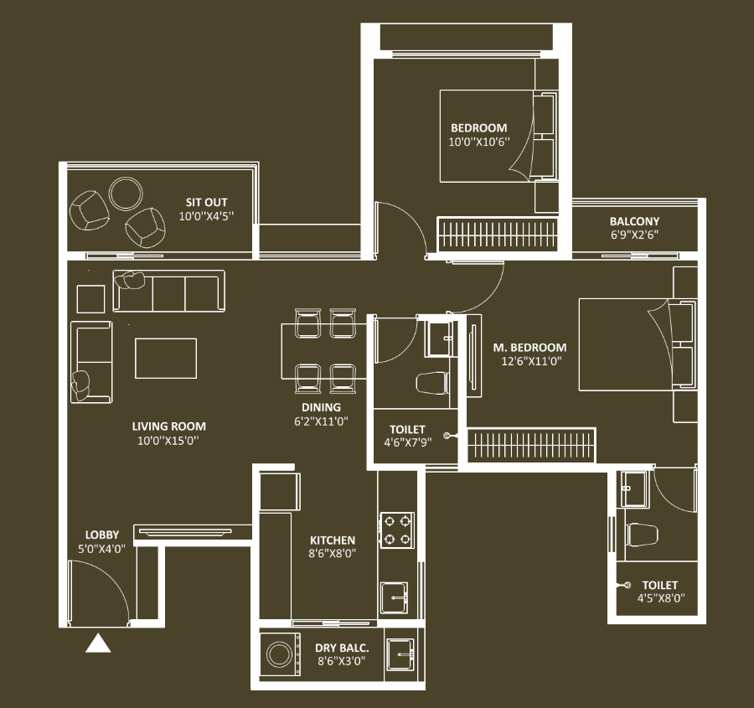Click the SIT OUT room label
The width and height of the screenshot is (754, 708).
click(207, 202)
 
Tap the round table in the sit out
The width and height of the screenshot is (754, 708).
click(126, 194)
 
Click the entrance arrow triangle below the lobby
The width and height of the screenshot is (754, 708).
click(98, 643)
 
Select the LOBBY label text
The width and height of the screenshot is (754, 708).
click(102, 535)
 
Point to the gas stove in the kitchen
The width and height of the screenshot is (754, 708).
click(397, 530)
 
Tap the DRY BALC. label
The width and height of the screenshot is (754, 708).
click(342, 648)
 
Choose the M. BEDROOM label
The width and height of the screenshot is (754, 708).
click(530, 347)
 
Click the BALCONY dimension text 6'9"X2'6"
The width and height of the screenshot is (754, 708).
click(634, 235)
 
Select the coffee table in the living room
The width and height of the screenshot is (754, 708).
click(166, 359)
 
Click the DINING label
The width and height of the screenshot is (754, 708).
click(321, 407)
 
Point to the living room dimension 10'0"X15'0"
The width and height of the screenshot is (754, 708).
click(168, 440)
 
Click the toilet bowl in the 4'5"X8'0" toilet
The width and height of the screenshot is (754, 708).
click(642, 535)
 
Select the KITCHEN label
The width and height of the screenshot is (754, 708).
click(333, 540)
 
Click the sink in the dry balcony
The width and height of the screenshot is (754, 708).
click(400, 654)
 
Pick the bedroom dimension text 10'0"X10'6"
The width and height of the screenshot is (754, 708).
click(479, 142)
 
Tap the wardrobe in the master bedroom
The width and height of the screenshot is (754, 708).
click(531, 445)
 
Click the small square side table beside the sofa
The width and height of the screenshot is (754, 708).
click(90, 299)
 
